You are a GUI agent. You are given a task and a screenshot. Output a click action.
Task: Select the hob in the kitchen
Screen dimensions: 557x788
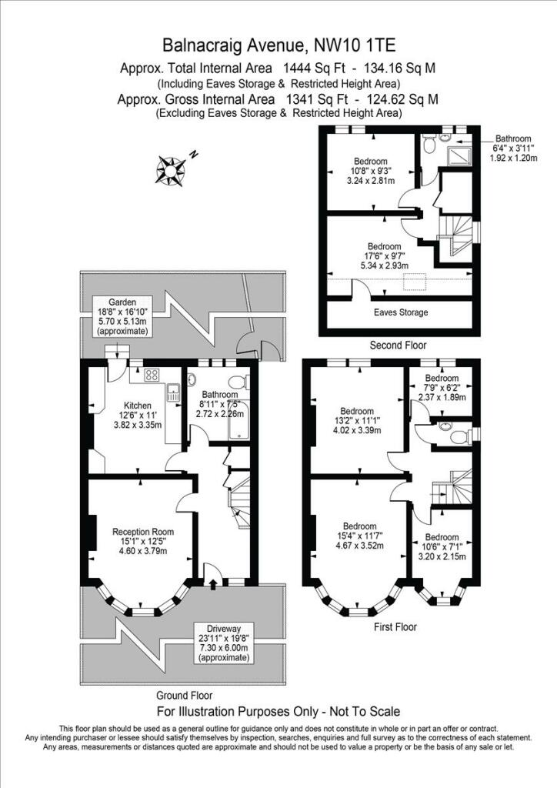151,376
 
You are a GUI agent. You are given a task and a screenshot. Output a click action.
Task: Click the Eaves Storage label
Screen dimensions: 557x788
401,312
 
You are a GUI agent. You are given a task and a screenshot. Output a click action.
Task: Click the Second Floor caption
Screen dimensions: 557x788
398,346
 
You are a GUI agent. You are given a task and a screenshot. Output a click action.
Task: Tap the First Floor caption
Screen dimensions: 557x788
395,627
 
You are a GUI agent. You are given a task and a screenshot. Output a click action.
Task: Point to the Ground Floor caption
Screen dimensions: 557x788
184,694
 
